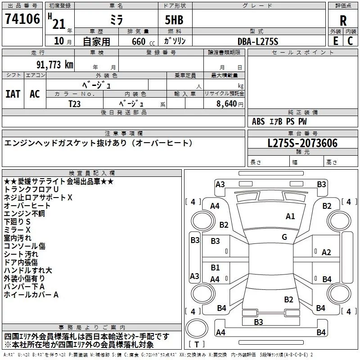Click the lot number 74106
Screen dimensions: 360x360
coord(22,20)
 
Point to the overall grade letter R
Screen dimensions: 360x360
coord(343,21)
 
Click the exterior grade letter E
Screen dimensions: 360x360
coord(335,41)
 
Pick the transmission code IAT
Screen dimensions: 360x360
coord(13,94)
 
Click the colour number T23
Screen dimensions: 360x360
coord(74,103)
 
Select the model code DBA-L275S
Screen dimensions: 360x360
coord(258,41)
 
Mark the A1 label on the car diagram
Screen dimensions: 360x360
coord(290,216)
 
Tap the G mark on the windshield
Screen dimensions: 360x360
coord(284,237)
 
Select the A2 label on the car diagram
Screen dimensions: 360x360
coord(327,252)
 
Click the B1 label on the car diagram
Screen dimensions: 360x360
coord(215,268)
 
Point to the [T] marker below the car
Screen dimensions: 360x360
coord(197,345)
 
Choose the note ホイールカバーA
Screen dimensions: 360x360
coord(31,295)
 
